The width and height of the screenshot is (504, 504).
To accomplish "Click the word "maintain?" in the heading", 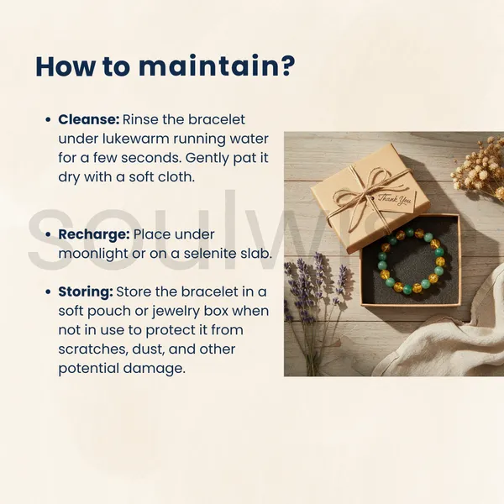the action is tap(217, 66).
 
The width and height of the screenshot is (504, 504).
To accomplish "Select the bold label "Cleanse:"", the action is tap(89, 119).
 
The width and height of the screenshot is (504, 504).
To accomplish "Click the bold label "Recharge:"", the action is tap(94, 234).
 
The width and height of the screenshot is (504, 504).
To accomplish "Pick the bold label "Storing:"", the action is tap(86, 292).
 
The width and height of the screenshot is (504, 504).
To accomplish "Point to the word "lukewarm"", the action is tap(136, 139).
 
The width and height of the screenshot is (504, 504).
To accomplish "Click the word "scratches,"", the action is tap(93, 349).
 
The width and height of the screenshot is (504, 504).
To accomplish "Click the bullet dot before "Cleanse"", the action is tap(48, 120).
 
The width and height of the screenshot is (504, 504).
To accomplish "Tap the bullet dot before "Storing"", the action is tap(48, 292).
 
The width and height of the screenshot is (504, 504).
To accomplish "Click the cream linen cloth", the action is tap(450, 338).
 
